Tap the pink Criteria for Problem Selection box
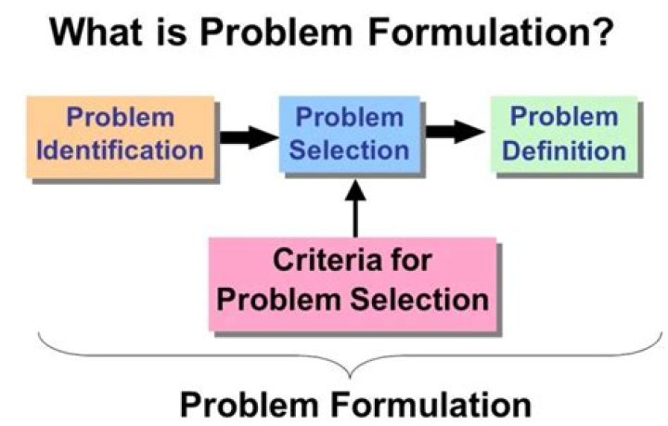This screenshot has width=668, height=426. point(351,281)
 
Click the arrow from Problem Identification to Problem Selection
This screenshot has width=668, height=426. point(248,137)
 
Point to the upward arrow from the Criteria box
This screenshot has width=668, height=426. point(352,208)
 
